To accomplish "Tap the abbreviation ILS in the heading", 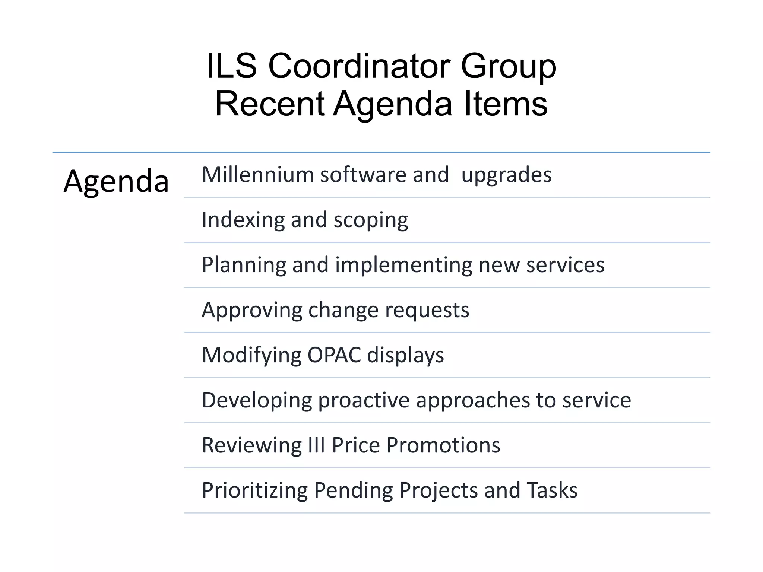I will (231, 66).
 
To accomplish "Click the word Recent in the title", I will (270, 104).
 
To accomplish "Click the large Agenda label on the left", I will (116, 181).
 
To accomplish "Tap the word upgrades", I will (506, 175).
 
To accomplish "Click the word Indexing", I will (243, 220).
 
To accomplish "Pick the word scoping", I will (371, 220).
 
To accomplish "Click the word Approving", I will (252, 310).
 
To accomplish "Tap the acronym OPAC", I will (334, 355).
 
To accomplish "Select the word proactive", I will (364, 400).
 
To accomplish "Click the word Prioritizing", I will (254, 490).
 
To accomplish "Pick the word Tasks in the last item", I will (552, 490).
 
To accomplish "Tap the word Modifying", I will (251, 355).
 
